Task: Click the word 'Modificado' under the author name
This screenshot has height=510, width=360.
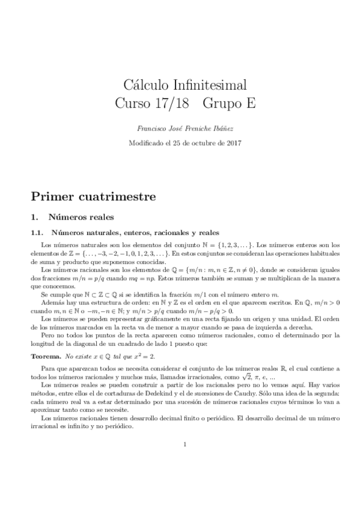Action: [147, 143]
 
